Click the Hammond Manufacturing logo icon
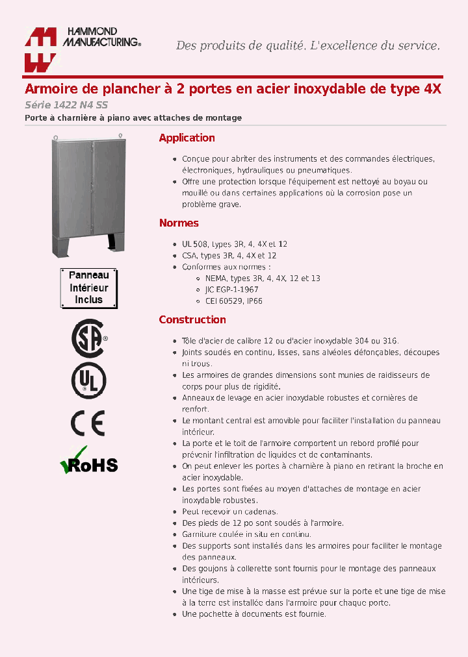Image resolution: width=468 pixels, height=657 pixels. (41, 50)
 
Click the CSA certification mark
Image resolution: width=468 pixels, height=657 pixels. (88, 338)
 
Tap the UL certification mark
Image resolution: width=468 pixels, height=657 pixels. (88, 380)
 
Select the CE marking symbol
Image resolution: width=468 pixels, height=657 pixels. (88, 423)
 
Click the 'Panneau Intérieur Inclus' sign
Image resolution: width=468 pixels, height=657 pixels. (88, 288)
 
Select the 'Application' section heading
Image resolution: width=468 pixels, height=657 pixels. (187, 138)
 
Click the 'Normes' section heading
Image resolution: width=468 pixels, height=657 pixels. (179, 223)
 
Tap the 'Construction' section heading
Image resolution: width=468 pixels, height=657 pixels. (192, 319)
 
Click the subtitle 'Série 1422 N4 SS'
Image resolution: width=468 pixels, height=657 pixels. (57, 105)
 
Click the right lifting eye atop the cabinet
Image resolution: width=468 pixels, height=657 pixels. (120, 136)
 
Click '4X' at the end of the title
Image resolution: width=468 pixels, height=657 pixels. (432, 89)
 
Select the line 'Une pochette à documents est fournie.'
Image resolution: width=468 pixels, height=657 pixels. (254, 614)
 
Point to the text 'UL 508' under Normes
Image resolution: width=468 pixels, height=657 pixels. (195, 244)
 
